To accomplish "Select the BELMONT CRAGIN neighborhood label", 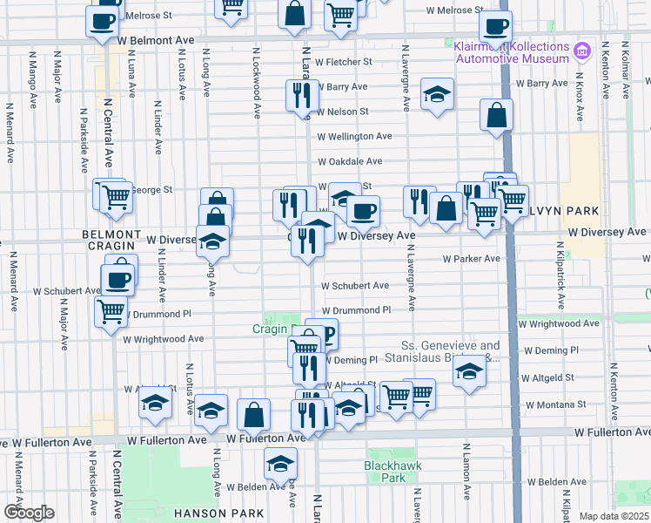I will (x=111, y=241).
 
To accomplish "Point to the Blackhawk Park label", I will (x=385, y=472).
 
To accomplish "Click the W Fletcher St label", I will (x=344, y=62).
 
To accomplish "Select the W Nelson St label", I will (x=343, y=112).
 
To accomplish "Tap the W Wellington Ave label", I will (x=354, y=136).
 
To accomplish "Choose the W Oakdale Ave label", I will (x=350, y=161).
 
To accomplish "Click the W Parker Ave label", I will (x=471, y=258).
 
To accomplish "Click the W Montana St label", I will (x=558, y=404).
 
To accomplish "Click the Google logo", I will (x=29, y=512).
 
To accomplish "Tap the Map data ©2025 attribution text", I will (x=614, y=516).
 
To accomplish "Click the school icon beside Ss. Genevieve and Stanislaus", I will (x=469, y=372).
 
